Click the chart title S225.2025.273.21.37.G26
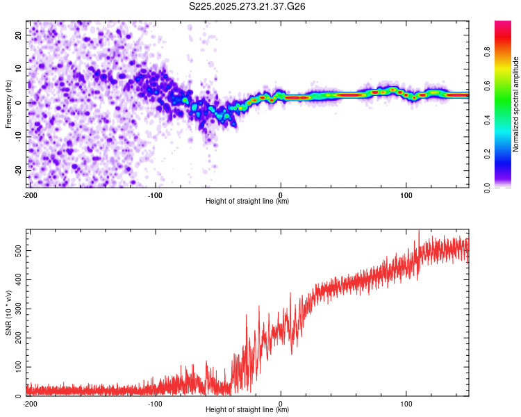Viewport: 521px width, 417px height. point(248,6)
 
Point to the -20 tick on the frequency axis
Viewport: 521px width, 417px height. point(18,170)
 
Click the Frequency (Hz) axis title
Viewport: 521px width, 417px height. point(8,104)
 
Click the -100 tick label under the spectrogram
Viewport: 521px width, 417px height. point(154,195)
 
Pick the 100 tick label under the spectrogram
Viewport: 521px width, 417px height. point(406,195)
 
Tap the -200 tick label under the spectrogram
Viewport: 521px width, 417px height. point(29,195)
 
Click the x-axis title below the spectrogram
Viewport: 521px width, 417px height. point(247,202)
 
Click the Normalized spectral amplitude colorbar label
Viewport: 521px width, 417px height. point(516,104)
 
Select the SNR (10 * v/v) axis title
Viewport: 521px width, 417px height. point(8,313)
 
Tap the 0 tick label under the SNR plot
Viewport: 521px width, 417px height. point(281,403)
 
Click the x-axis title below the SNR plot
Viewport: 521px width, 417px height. point(247,410)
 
